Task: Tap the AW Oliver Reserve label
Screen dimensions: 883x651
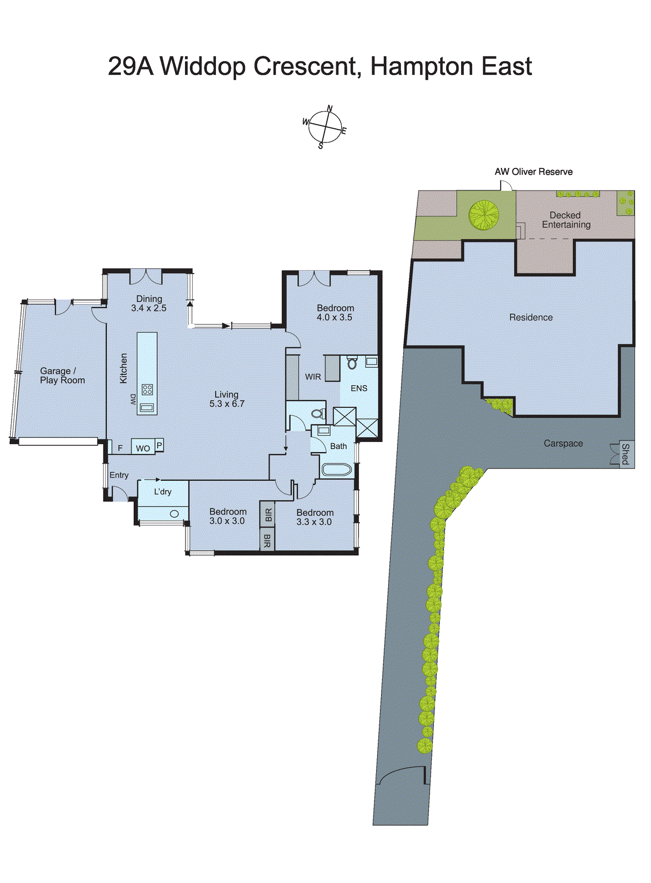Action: click(x=533, y=172)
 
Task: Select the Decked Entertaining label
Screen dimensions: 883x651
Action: click(x=565, y=220)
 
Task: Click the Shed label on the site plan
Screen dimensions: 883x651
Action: click(x=625, y=454)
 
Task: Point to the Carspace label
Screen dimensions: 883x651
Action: click(x=563, y=443)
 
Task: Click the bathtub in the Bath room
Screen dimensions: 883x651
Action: click(x=336, y=470)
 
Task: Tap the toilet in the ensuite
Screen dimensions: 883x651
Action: click(x=352, y=363)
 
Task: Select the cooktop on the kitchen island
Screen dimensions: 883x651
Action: click(x=147, y=390)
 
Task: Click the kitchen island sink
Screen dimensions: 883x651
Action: click(x=147, y=408)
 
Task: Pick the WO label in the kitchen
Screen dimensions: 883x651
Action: click(x=143, y=448)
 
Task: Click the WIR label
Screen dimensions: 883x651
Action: click(x=313, y=377)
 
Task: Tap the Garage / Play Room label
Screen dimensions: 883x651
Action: click(x=62, y=376)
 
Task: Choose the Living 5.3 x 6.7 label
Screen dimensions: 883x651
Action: click(x=226, y=399)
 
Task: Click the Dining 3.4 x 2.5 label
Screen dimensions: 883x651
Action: click(x=149, y=304)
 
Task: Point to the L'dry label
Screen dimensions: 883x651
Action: click(x=162, y=492)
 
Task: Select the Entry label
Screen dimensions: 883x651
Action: click(x=119, y=475)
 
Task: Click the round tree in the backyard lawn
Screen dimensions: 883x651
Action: click(x=484, y=214)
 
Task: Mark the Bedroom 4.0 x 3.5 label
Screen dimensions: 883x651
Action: click(x=335, y=312)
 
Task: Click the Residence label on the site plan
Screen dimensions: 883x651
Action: click(x=531, y=317)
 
